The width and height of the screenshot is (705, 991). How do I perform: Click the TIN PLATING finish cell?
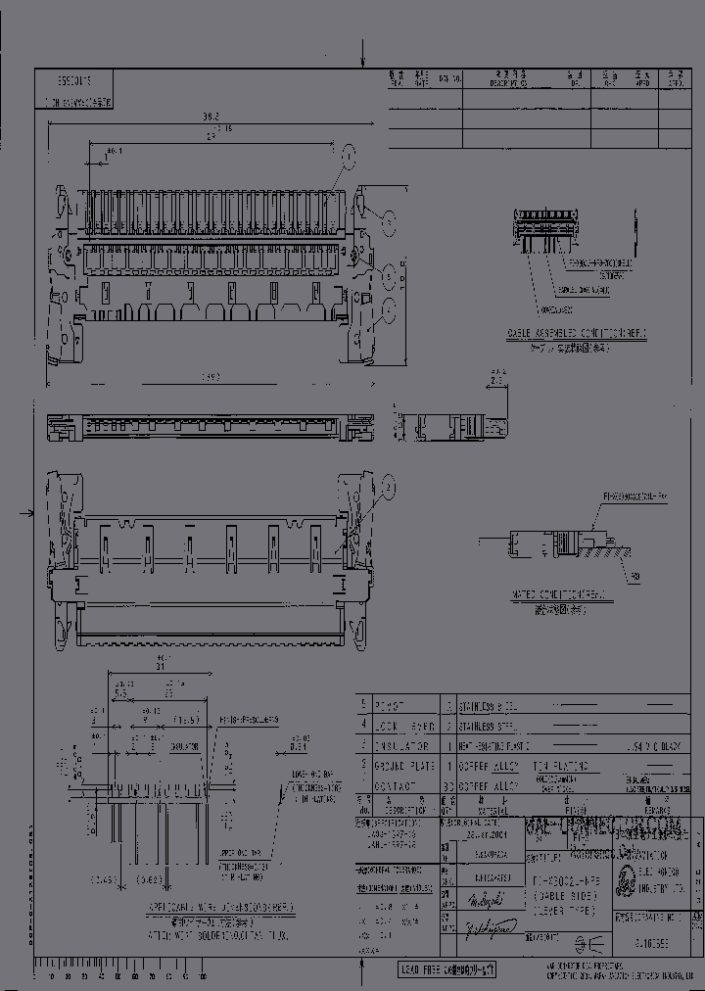[559, 766]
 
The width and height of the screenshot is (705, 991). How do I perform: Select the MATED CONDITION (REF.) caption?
[559, 594]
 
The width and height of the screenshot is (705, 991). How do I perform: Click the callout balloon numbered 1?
[348, 154]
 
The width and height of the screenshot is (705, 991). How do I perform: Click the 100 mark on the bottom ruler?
[203, 977]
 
